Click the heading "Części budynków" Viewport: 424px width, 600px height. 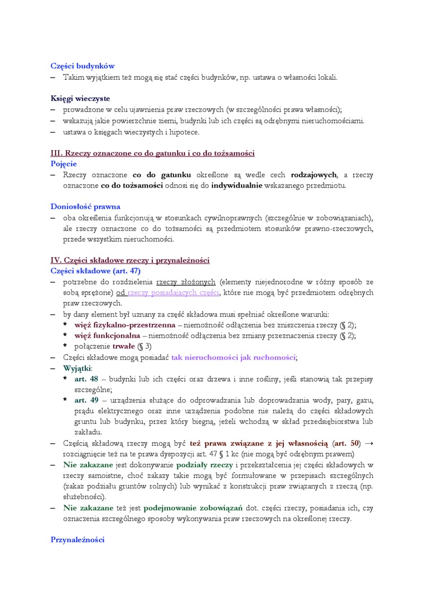(83, 66)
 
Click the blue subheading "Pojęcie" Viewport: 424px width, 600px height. (64, 164)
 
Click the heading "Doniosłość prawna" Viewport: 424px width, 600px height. (85, 207)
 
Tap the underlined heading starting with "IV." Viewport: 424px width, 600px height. (130, 260)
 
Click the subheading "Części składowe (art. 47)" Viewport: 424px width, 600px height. (95, 271)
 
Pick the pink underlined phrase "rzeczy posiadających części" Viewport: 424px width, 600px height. (173, 292)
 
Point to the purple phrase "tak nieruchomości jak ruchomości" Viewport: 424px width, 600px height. (233, 357)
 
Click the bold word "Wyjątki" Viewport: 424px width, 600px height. (78, 368)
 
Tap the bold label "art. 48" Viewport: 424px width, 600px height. (86, 379)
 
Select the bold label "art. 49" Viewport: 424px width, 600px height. (86, 401)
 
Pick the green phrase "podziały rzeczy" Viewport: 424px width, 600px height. (201, 465)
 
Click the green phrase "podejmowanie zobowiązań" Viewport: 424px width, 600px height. (190, 508)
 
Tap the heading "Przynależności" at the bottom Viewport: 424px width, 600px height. (77, 540)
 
